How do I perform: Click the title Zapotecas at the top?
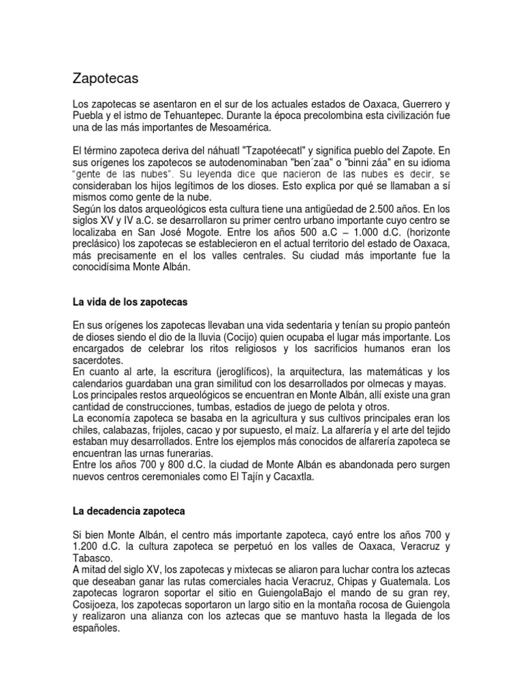pos(106,79)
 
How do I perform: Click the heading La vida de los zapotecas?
pos(129,302)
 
